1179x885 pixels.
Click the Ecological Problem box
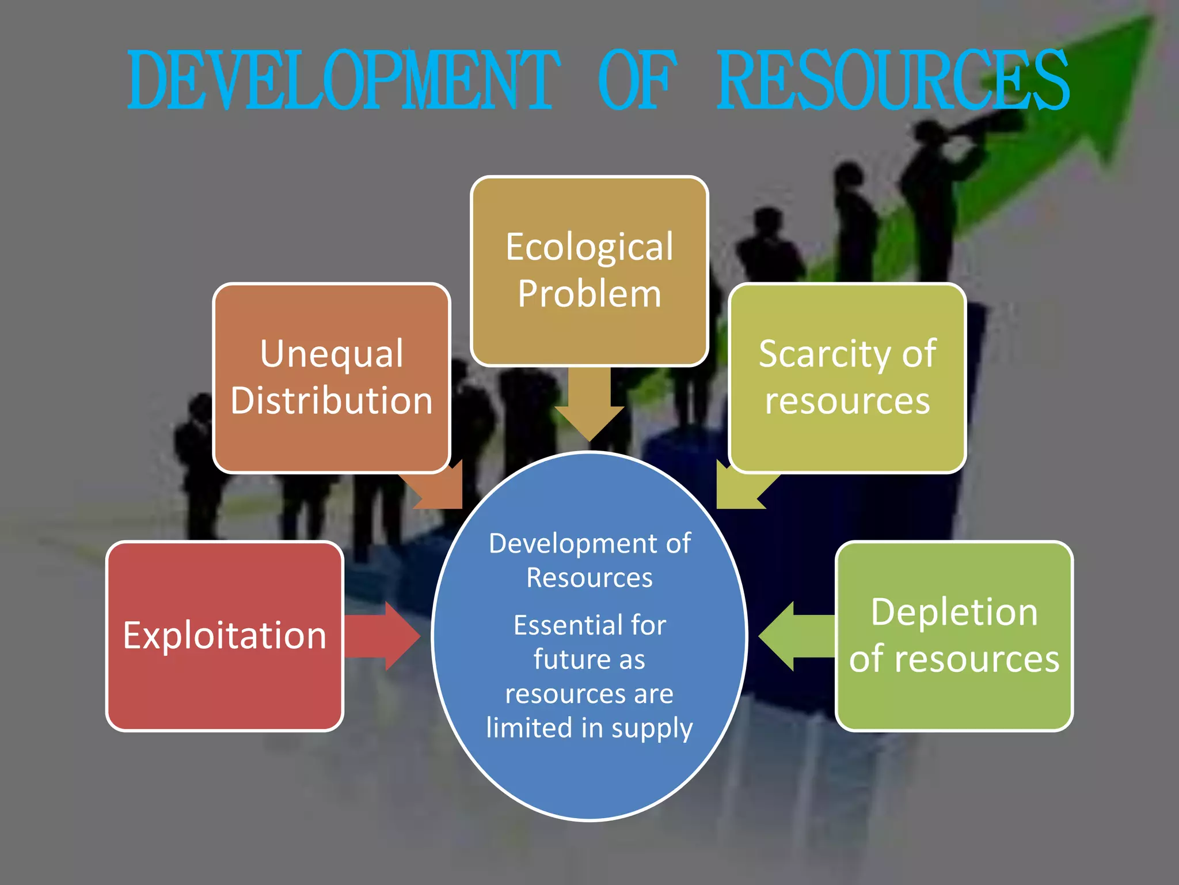[x=589, y=271]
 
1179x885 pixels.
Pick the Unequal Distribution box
[x=332, y=377]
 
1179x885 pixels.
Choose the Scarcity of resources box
[x=847, y=377]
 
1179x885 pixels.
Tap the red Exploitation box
[x=225, y=636]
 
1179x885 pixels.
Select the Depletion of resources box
[x=954, y=636]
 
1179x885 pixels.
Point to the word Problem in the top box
[x=589, y=294]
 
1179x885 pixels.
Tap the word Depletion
[x=954, y=612]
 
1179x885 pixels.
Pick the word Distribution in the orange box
[x=332, y=400]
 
